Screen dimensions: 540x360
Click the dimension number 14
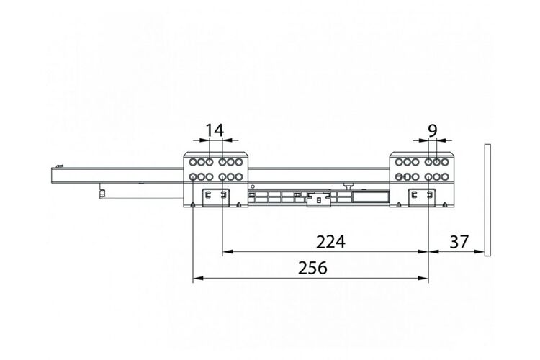click(x=215, y=130)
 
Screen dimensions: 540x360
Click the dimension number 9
click(x=433, y=130)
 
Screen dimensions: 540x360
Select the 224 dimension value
click(x=330, y=242)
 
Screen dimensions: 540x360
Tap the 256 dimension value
click(x=312, y=268)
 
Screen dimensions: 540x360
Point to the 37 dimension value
click(x=459, y=242)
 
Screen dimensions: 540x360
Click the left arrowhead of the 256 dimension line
click(x=198, y=278)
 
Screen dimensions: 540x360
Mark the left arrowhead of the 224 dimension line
click(x=228, y=251)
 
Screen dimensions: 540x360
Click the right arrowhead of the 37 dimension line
click(x=480, y=251)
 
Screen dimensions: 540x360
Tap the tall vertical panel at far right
click(x=487, y=200)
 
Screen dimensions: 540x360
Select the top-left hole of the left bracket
click(x=193, y=162)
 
